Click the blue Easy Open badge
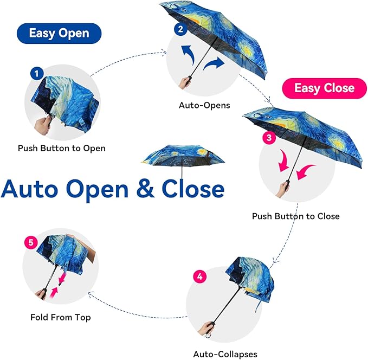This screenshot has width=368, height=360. [x=59, y=33]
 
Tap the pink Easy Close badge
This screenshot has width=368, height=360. [x=324, y=88]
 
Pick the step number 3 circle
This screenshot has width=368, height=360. [x=268, y=138]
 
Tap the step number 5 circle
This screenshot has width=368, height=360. [x=30, y=243]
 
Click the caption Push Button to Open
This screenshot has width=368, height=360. [x=62, y=148]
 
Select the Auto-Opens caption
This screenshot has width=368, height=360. [x=204, y=105]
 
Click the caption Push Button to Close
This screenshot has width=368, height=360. [x=295, y=216]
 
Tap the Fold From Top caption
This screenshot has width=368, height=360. [x=61, y=317]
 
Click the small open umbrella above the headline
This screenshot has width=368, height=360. [x=182, y=157]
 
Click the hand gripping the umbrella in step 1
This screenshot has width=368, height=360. [x=42, y=123]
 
